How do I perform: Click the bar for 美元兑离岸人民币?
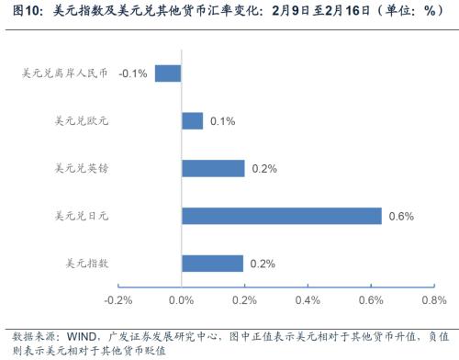(168, 73)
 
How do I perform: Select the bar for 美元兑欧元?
(193, 121)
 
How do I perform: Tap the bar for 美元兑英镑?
(213, 169)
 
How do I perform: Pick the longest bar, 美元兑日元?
(281, 216)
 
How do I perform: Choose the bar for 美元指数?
(212, 264)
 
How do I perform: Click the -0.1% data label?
(134, 73)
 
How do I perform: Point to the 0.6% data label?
(401, 216)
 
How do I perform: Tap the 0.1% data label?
(223, 121)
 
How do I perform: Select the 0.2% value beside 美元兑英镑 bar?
(264, 169)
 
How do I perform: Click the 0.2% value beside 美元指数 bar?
(263, 264)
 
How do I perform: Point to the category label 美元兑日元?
(84, 216)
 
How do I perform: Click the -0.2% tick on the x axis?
(118, 300)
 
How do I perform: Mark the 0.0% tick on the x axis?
(182, 300)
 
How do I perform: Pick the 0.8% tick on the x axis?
(433, 300)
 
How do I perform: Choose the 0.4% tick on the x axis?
(308, 300)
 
